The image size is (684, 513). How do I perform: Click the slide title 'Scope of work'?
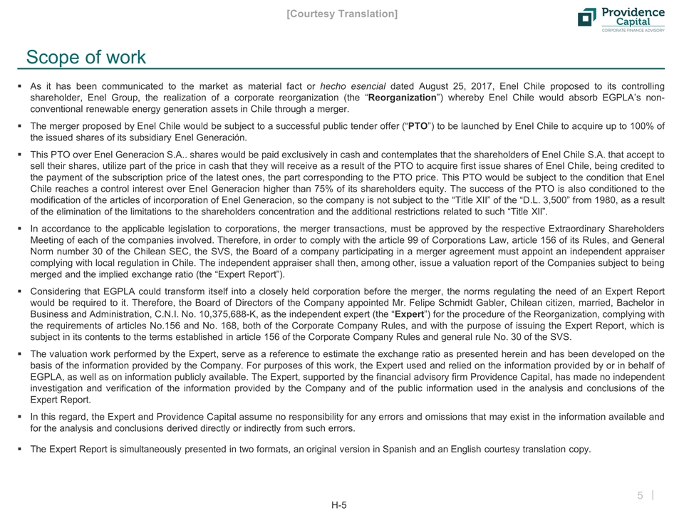pos(85,57)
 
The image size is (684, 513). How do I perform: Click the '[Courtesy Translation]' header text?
pos(342,14)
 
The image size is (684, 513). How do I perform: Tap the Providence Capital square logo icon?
pos(587,17)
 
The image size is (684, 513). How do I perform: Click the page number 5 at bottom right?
pos(640,495)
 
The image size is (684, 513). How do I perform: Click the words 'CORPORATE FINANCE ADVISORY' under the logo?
pos(633,31)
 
